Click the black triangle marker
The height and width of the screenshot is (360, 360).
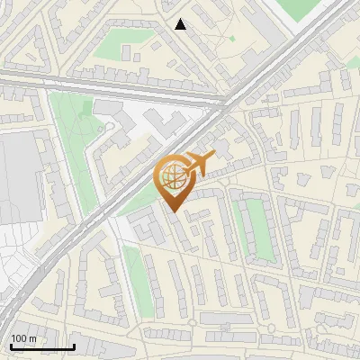point(181,24)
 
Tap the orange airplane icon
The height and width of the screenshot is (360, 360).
point(198,164)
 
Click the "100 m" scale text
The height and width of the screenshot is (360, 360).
point(24,338)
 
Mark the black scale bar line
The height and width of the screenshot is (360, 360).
point(42,346)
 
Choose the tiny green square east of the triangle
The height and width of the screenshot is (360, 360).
point(231,39)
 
